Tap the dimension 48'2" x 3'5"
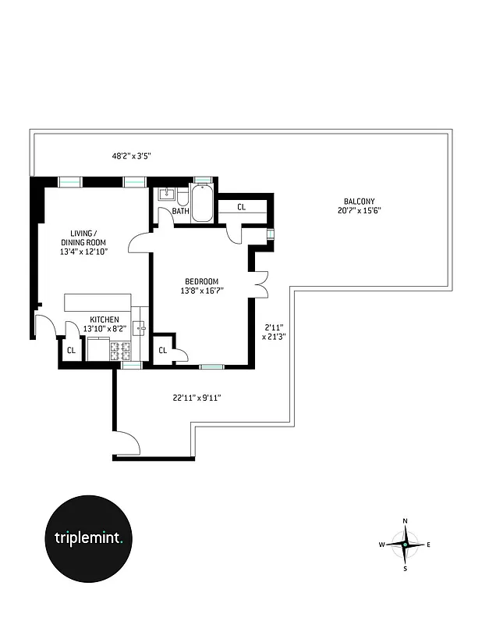pyautogui.click(x=131, y=156)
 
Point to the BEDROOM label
pyautogui.click(x=201, y=281)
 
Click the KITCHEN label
pyautogui.click(x=104, y=320)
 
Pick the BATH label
pyautogui.click(x=181, y=211)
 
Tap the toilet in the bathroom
pyautogui.click(x=183, y=195)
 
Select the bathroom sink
pyautogui.click(x=165, y=195)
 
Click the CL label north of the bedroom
pyautogui.click(x=241, y=207)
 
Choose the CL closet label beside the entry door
pyautogui.click(x=71, y=350)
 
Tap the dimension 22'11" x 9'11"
pyautogui.click(x=197, y=398)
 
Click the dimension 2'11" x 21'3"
pyautogui.click(x=275, y=332)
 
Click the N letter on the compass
pyautogui.click(x=405, y=520)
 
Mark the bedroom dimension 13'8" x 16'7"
pyautogui.click(x=201, y=291)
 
